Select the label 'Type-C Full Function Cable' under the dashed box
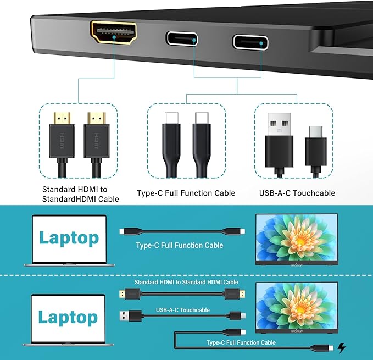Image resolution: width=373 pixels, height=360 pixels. tap(186, 193)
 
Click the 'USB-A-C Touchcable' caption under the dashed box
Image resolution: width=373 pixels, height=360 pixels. tap(297, 193)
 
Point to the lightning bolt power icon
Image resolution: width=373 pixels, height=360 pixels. tap(342, 347)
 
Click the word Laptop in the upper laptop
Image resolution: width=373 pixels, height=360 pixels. tap(69, 238)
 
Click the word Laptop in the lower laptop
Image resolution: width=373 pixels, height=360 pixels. tap(68, 317)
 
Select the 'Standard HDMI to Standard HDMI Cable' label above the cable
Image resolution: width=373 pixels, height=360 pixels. tap(179, 282)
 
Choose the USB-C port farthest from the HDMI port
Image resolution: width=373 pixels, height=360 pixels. tap(250, 42)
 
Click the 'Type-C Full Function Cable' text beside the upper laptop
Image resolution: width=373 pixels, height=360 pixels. tap(179, 245)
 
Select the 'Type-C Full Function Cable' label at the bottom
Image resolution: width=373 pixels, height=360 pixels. tap(241, 342)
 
